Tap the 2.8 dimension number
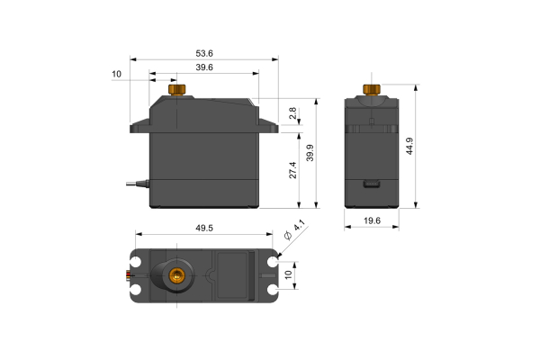click(292, 113)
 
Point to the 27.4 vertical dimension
click(292, 170)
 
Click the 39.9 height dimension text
click(310, 153)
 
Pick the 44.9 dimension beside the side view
click(409, 147)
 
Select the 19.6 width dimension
click(371, 220)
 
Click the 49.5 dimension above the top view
click(203, 229)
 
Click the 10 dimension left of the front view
click(117, 75)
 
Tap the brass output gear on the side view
click(372, 89)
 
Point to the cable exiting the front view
click(137, 184)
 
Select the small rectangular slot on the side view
click(372, 186)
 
